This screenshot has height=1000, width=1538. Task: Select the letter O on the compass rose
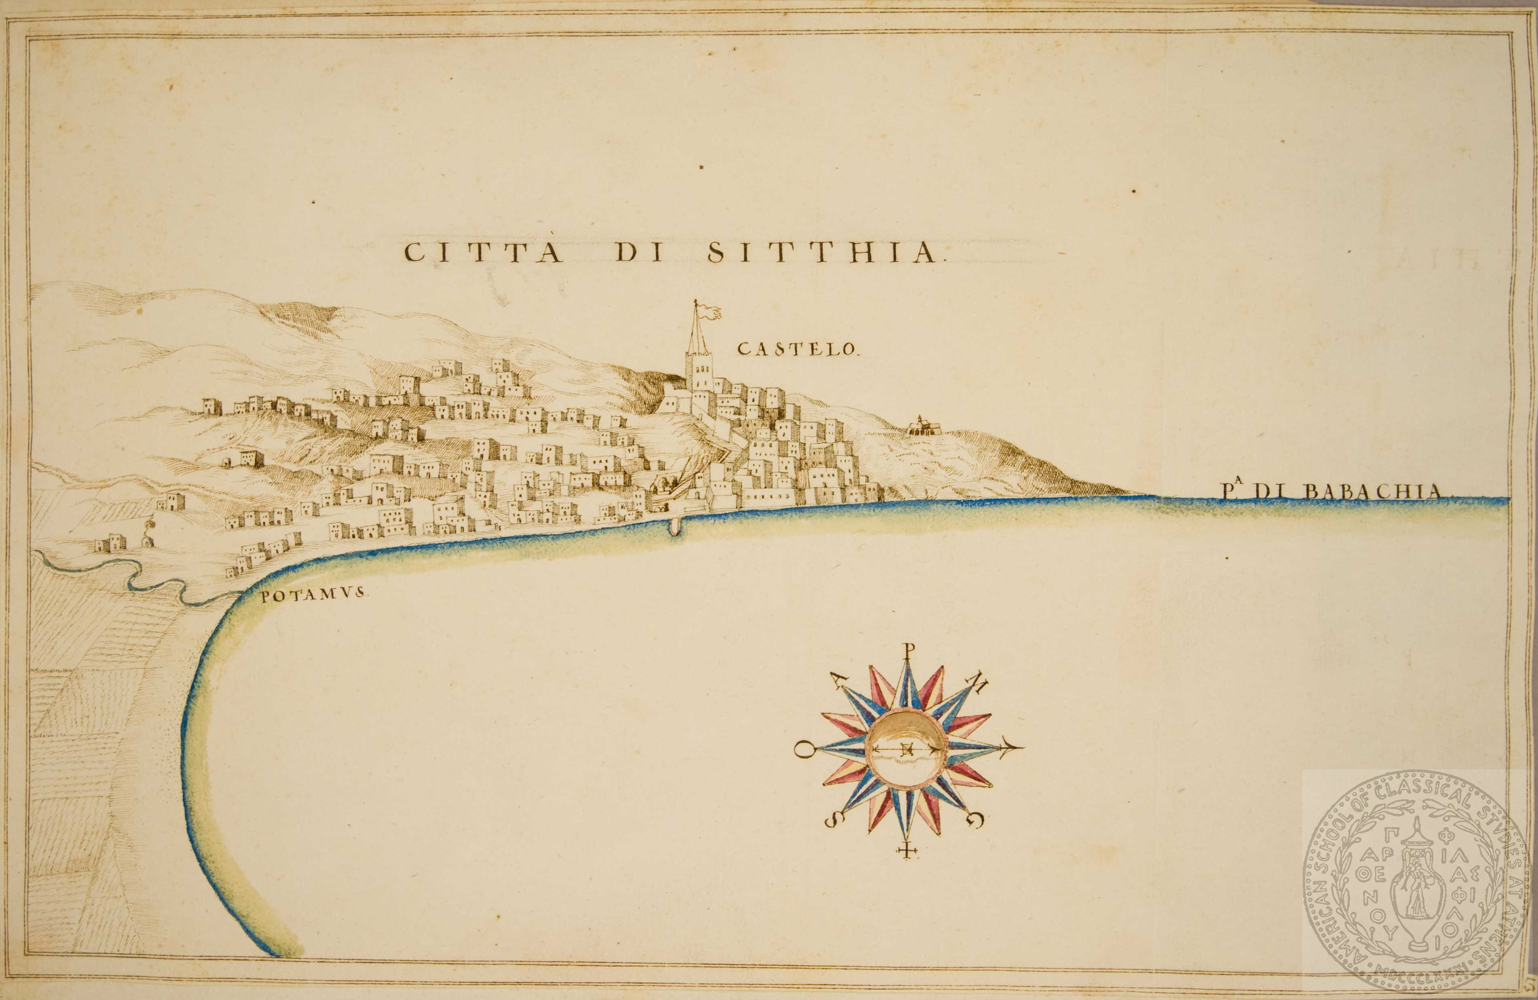tap(803, 750)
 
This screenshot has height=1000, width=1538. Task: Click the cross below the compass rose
tap(909, 851)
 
